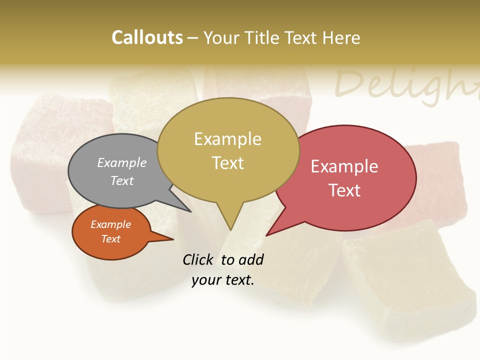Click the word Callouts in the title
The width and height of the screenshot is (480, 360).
click(147, 37)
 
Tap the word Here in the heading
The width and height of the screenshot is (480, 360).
click(341, 38)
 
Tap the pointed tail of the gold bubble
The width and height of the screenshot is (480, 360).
click(230, 222)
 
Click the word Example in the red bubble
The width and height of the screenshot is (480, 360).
click(344, 166)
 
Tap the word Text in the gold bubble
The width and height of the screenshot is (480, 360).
click(228, 163)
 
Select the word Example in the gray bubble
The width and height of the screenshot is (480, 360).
click(122, 162)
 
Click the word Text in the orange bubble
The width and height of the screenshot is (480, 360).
click(111, 239)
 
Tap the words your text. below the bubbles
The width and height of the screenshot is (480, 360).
click(223, 280)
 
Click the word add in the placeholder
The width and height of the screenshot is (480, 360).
click(251, 259)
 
